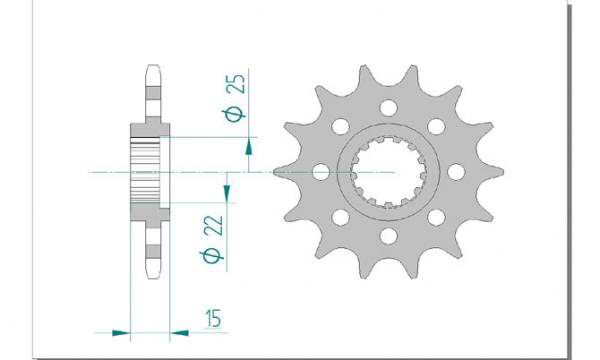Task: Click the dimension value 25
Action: [x=235, y=83]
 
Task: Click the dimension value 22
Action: [x=213, y=225]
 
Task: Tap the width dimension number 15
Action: [x=213, y=318]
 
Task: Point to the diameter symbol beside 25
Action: [x=233, y=114]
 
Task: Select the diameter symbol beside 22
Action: [x=212, y=256]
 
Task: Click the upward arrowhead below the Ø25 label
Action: [x=249, y=147]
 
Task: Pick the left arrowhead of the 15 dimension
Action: [x=121, y=333]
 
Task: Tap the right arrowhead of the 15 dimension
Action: [x=179, y=333]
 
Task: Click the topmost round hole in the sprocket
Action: [x=388, y=108]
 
